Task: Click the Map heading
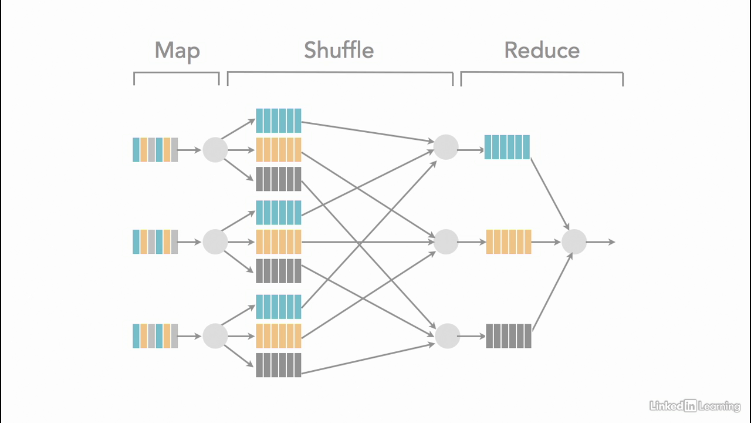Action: [177, 51]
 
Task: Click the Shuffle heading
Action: [339, 51]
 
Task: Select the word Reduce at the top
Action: [542, 51]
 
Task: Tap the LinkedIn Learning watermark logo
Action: [695, 405]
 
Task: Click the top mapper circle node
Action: [215, 150]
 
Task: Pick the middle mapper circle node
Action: [215, 242]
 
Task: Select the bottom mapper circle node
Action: [215, 336]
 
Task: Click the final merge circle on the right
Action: [574, 242]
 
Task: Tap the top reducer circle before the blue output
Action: [446, 147]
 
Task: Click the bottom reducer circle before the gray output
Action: [447, 336]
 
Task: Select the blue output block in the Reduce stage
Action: [507, 147]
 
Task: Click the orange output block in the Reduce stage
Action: [509, 242]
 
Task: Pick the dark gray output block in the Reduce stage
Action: [509, 336]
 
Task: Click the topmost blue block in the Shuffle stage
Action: [278, 120]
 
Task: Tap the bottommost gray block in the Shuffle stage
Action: [278, 365]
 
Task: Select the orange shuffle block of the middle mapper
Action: [278, 242]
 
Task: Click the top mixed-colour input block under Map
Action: [155, 150]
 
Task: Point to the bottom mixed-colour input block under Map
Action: [155, 336]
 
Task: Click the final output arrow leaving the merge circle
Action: [601, 242]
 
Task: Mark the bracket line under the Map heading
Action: [176, 73]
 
